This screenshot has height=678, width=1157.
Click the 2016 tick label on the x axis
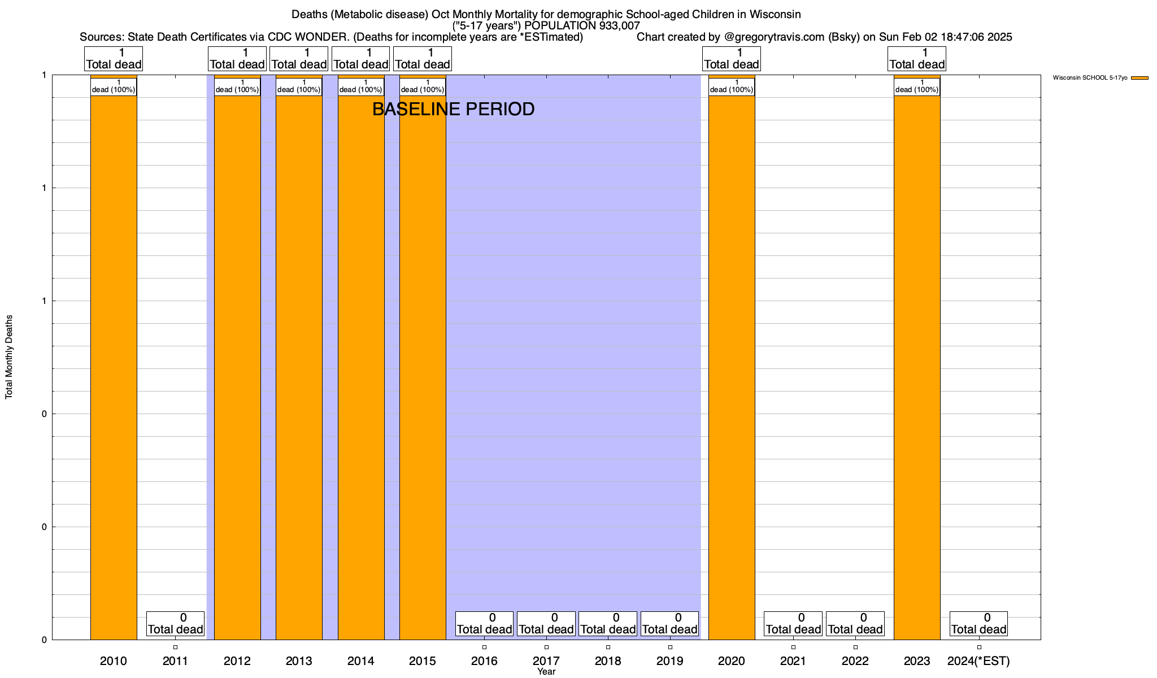point(484,661)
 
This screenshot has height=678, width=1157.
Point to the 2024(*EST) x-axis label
point(978,661)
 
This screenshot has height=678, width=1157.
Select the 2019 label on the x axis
point(669,661)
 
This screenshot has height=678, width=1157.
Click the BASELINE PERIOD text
point(453,109)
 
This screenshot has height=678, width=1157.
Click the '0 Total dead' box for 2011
point(175,624)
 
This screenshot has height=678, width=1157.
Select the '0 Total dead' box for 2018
point(608,624)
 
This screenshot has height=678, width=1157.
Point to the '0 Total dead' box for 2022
point(855,624)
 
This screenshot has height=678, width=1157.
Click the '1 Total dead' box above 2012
point(237,59)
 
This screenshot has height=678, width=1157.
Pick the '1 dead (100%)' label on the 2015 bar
point(422,86)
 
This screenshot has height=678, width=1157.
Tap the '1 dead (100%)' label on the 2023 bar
point(917,86)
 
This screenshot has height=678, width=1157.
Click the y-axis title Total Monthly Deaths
point(9,357)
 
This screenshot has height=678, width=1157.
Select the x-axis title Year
point(546,672)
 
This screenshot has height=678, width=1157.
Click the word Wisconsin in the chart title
point(775,14)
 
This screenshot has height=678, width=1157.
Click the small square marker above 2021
point(793,647)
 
